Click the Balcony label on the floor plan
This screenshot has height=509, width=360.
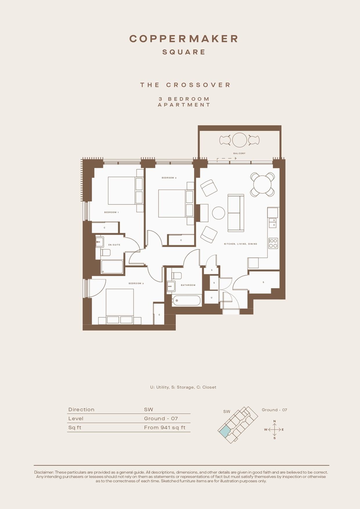tap(239, 153)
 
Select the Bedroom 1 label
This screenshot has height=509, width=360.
tap(112, 212)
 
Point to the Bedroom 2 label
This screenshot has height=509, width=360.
tap(169, 178)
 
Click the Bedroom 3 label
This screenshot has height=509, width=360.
tap(136, 283)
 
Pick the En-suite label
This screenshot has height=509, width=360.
tap(114, 245)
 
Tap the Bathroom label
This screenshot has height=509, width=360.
tap(188, 285)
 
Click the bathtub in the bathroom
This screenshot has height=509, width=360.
tap(186, 301)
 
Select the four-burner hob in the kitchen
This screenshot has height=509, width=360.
tap(273, 243)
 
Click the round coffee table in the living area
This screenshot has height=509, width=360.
tap(218, 213)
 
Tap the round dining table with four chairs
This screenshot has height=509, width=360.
tap(263, 184)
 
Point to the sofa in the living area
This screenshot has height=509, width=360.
tap(236, 213)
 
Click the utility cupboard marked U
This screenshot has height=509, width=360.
tap(211, 297)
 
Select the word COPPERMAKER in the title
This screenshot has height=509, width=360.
tap(184, 39)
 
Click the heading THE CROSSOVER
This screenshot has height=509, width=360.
tap(185, 85)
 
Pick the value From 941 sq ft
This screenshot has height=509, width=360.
tap(165, 427)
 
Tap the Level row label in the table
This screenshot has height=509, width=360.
tap(76, 418)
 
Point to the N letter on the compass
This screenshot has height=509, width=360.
tap(274, 421)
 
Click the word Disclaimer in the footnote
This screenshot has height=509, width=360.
tap(44, 472)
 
